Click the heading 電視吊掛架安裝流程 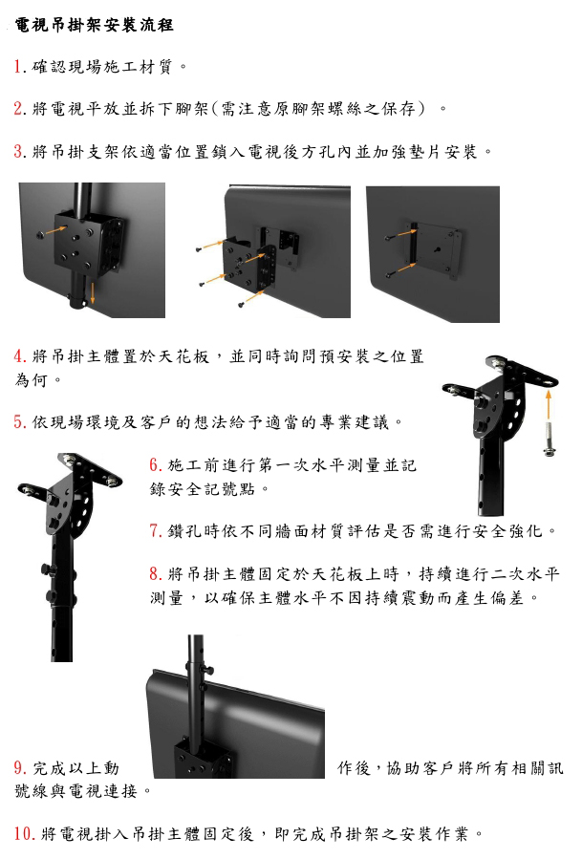click(x=95, y=25)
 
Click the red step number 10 click(x=24, y=833)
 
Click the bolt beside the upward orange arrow click(x=548, y=439)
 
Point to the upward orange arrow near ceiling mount click(x=548, y=403)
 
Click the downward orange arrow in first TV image click(x=92, y=292)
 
